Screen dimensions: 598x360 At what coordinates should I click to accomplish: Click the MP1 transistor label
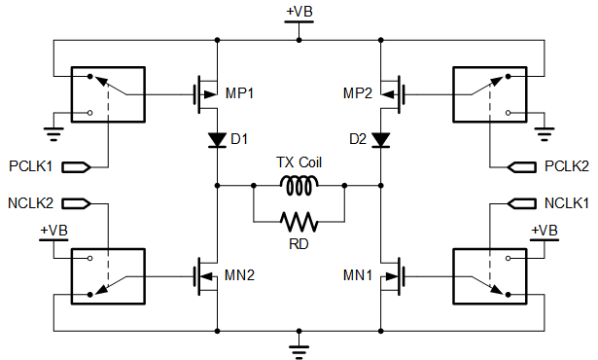pyautogui.click(x=239, y=93)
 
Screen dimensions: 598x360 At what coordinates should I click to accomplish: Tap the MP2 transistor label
pyautogui.click(x=358, y=93)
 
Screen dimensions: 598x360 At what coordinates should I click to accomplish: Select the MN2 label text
pyautogui.click(x=239, y=275)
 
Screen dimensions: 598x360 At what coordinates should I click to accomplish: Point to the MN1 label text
pyautogui.click(x=358, y=275)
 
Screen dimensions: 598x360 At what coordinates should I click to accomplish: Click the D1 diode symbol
pyautogui.click(x=218, y=140)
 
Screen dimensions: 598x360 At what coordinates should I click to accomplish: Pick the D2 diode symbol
pyautogui.click(x=380, y=140)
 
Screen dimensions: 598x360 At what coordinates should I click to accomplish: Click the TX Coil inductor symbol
pyautogui.click(x=299, y=186)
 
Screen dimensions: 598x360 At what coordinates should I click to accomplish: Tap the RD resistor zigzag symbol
pyautogui.click(x=299, y=222)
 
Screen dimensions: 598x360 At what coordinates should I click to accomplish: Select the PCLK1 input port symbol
pyautogui.click(x=76, y=167)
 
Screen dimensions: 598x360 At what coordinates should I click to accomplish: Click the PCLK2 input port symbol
pyautogui.click(x=522, y=167)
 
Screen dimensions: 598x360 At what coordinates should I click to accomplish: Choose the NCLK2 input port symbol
pyautogui.click(x=76, y=203)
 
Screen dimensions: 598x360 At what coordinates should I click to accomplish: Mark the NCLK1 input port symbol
pyautogui.click(x=522, y=203)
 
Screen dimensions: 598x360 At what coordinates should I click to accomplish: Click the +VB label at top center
pyautogui.click(x=299, y=12)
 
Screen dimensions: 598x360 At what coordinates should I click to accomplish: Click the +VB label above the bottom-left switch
pyautogui.click(x=54, y=231)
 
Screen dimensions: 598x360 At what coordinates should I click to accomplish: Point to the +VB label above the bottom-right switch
pyautogui.click(x=545, y=231)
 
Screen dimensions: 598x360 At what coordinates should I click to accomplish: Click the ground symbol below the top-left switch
pyautogui.click(x=53, y=134)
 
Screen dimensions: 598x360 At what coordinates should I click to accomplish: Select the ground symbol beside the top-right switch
pyautogui.click(x=545, y=134)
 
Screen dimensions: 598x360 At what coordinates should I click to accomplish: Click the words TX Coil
pyautogui.click(x=299, y=162)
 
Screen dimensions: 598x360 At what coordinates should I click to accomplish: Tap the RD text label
pyautogui.click(x=299, y=244)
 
